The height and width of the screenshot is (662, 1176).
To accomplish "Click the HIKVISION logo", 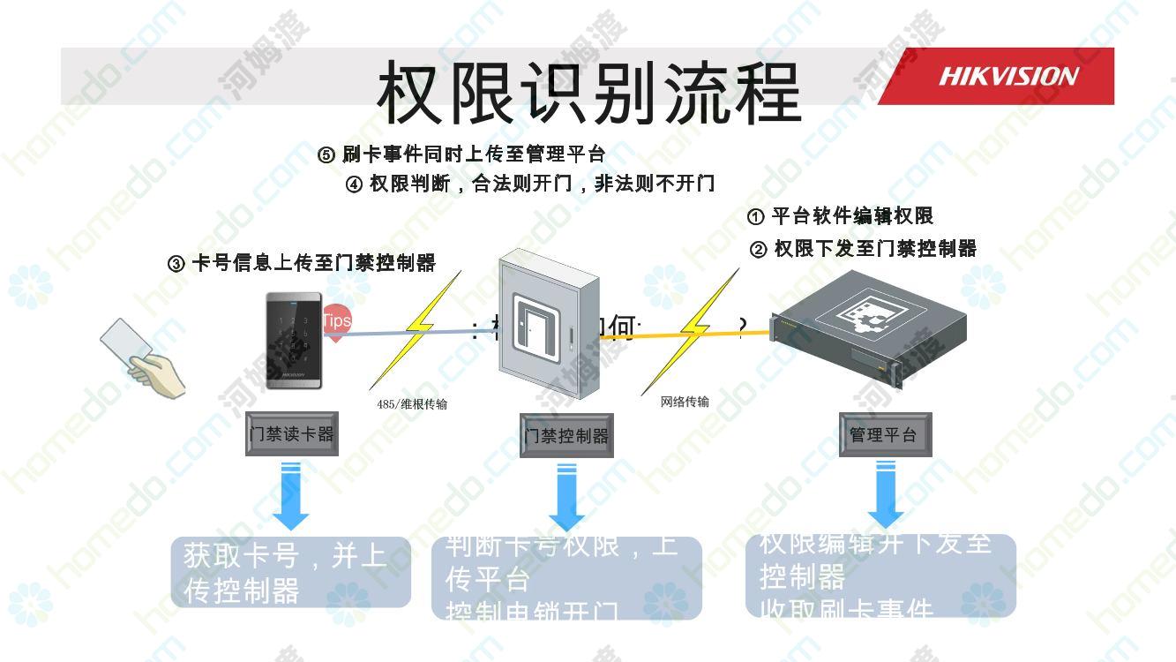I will point(1007,77).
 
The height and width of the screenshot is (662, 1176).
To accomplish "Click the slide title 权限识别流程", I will point(588,93).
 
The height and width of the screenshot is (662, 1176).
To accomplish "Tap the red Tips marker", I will point(336,320).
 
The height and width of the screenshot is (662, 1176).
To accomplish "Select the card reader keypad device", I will point(294,341).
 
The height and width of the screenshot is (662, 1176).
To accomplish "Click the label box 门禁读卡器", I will point(292,434).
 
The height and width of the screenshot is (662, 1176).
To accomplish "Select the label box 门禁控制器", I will point(566,436).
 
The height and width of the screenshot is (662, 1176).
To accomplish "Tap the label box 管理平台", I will point(884,435).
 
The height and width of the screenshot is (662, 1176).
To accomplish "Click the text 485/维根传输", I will point(412,404).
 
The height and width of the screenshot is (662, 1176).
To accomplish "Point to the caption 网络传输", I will point(685,402).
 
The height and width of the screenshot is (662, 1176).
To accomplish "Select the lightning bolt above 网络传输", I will point(692,330).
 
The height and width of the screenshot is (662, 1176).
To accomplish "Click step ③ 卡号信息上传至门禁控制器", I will point(302,263).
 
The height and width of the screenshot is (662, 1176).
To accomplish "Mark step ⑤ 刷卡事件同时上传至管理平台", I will point(461,154).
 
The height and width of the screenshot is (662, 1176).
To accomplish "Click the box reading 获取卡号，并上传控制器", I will point(291,572).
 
